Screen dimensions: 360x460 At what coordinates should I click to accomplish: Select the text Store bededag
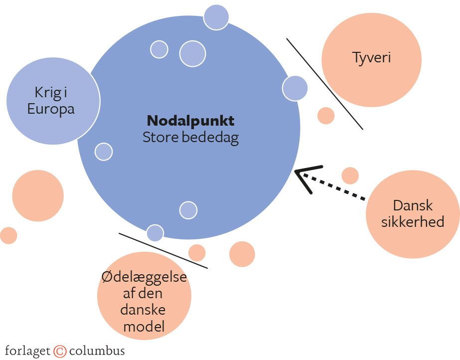tap(190, 138)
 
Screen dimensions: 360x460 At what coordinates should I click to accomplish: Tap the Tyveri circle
tap(371, 59)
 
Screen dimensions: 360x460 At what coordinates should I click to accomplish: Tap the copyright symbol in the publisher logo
tap(60, 351)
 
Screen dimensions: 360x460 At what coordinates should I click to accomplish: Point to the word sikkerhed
tap(413, 221)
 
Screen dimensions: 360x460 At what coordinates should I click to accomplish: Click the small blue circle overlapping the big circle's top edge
tap(216, 17)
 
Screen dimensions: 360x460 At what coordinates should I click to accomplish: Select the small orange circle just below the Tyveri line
tap(326, 115)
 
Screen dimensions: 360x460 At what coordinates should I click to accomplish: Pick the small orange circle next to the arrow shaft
tap(350, 176)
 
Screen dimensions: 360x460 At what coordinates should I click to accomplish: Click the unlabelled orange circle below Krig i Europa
tap(38, 196)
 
